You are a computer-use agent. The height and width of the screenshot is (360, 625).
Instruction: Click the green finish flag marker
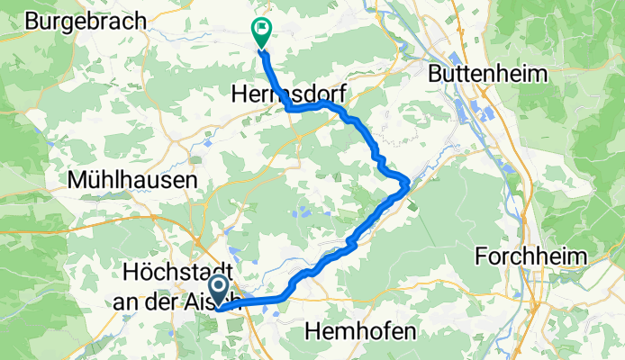(x=260, y=31)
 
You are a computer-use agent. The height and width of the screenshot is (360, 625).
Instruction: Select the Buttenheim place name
(x=490, y=72)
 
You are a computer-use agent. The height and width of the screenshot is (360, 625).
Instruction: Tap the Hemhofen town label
(x=361, y=332)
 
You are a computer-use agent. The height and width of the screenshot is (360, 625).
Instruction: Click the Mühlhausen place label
(x=132, y=180)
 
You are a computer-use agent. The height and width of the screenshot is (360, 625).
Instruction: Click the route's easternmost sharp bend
(x=409, y=183)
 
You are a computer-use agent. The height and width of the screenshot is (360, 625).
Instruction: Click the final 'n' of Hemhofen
(x=409, y=332)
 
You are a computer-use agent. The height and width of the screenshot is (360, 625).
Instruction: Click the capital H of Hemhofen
(x=312, y=332)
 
